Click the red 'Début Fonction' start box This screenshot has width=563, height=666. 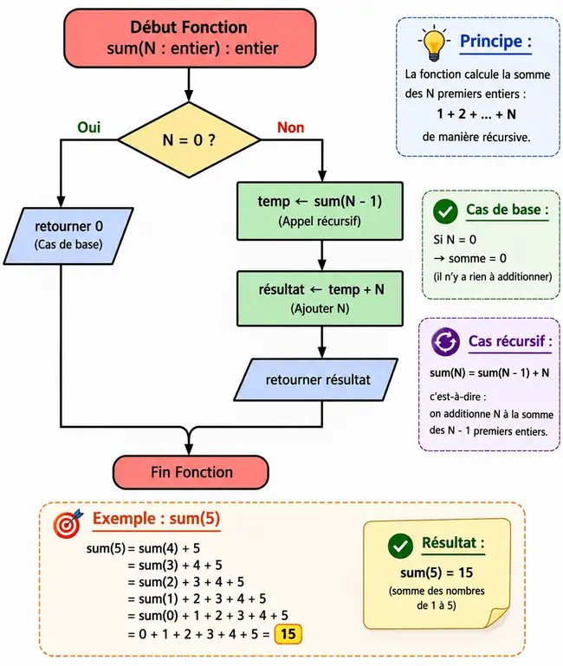tap(190, 38)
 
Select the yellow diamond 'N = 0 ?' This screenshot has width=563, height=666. tap(189, 139)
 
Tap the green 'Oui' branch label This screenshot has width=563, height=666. tap(89, 127)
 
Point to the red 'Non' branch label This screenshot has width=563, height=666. tap(291, 127)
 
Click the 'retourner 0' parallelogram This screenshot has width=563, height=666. tap(68, 236)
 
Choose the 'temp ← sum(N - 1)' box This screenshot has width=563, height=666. tap(320, 211)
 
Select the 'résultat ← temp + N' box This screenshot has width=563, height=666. tap(320, 299)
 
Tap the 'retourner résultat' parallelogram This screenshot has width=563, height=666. tap(315, 379)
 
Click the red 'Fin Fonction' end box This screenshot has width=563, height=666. tap(191, 472)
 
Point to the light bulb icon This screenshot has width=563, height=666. tap(434, 42)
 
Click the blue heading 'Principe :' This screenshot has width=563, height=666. tap(495, 42)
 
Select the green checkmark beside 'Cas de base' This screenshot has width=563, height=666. tap(445, 211)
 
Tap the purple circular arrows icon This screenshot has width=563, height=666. tap(445, 341)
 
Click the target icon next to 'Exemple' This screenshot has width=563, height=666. tap(68, 523)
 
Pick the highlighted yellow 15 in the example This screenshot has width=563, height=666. tap(288, 634)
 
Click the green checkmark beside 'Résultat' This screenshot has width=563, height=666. tap(400, 546)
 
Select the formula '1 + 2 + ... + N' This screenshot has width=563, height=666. tap(476, 113)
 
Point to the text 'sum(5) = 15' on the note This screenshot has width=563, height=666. tap(437, 572)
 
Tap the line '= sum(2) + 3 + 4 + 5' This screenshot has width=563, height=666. tap(186, 582)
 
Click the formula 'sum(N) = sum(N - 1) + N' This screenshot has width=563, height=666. tap(489, 373)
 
